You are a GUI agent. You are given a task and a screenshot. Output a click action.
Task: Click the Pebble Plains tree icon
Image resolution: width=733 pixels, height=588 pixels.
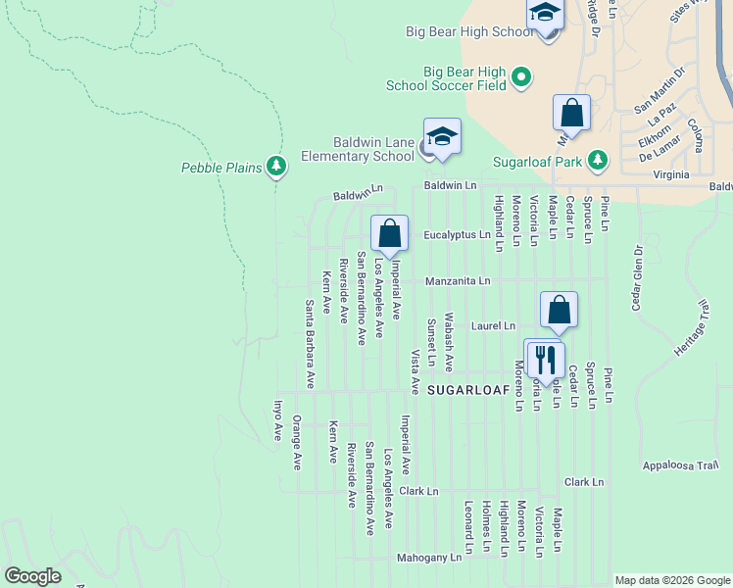tap(277, 167)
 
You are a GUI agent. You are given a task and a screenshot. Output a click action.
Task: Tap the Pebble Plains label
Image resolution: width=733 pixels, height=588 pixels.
tap(221, 168)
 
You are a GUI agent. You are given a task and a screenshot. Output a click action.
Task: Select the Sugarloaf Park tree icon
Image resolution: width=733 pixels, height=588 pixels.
tap(600, 160)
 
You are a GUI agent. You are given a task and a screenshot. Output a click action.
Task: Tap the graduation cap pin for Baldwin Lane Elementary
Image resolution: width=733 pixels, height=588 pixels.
tap(442, 136)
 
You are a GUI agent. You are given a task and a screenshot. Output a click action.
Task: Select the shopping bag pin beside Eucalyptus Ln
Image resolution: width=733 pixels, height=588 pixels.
tap(389, 234)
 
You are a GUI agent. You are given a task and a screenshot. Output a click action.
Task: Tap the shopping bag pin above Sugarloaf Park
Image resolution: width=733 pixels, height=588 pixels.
tap(571, 114)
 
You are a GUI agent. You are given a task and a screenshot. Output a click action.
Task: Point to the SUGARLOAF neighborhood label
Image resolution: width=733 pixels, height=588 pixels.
tap(468, 389)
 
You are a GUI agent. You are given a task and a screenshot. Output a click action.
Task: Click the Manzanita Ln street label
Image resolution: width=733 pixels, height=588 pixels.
tap(458, 280)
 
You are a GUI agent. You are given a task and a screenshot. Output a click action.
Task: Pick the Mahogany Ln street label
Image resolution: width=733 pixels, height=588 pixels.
tap(428, 557)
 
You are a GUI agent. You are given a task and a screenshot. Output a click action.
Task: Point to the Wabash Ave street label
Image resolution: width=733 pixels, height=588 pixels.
tap(449, 342)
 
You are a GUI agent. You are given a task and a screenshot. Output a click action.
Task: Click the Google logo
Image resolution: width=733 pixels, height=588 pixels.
tap(32, 576)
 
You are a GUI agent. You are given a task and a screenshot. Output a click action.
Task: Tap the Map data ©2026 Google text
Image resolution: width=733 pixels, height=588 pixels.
tap(672, 580)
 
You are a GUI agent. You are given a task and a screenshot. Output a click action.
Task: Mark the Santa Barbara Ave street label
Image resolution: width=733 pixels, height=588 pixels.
tap(309, 344)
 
